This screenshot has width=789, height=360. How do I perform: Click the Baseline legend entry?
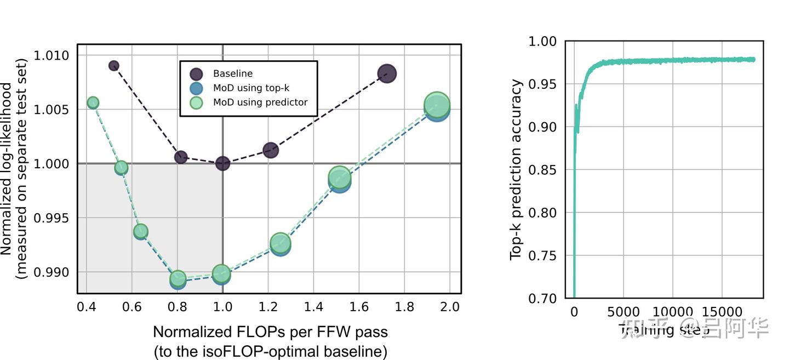(x=232, y=73)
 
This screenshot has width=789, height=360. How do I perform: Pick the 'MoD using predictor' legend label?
(x=260, y=102)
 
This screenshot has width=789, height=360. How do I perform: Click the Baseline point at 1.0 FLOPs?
(x=222, y=163)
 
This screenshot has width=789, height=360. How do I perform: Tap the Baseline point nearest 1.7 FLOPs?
(x=387, y=74)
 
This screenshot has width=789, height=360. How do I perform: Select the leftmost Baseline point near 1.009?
(x=114, y=66)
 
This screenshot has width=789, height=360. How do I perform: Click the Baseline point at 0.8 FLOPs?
(x=181, y=157)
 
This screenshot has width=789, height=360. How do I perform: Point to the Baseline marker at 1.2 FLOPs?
(x=271, y=150)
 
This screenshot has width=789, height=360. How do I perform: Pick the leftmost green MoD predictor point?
(x=93, y=102)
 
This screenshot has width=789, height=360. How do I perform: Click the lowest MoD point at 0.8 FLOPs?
(x=178, y=279)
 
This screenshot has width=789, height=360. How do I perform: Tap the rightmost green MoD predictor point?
(x=437, y=104)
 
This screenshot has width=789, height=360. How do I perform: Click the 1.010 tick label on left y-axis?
(x=52, y=56)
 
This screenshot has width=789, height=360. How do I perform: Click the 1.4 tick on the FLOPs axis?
(x=313, y=307)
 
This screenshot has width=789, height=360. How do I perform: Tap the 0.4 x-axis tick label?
(x=86, y=307)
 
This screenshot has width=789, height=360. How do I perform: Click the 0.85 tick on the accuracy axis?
(x=542, y=170)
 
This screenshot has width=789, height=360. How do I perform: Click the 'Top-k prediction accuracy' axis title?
(x=516, y=170)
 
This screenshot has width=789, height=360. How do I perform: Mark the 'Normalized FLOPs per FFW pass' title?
(x=270, y=332)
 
